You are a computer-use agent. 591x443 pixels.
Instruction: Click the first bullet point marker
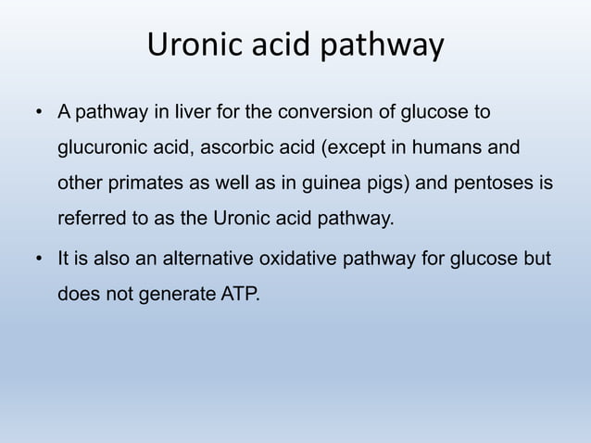pyautogui.click(x=40, y=114)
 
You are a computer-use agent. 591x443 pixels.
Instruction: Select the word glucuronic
pyautogui.click(x=98, y=148)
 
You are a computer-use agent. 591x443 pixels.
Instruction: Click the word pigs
pyautogui.click(x=386, y=184)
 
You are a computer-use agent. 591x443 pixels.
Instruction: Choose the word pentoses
pyautogui.click(x=489, y=184)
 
